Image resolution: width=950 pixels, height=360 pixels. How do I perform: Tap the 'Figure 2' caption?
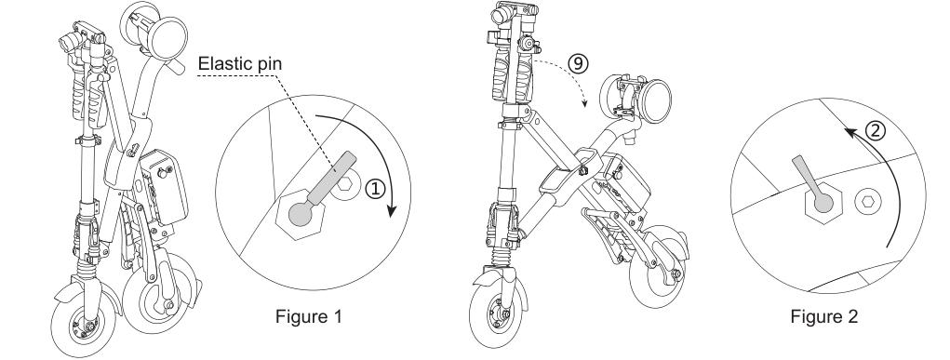point(824,317)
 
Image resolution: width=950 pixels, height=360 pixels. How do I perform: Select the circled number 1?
point(375,189)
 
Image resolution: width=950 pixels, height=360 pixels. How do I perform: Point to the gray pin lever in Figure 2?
point(812,181)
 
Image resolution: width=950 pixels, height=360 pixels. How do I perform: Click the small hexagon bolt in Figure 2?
point(864,200)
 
